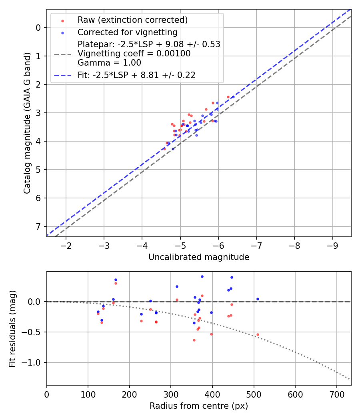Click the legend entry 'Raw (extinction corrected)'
pos(132,20)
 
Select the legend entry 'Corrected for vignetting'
pos(127,32)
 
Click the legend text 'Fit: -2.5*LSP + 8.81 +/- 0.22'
pos(136,75)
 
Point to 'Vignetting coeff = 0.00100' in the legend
pos(134,53)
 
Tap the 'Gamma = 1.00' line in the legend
pos(109,62)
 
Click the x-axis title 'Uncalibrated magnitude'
pos(199,257)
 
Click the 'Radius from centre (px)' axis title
pos(199,406)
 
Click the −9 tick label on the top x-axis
pos(332,244)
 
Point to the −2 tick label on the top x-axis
pos(66,244)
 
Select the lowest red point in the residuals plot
pos(194,340)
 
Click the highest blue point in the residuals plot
pos(202,276)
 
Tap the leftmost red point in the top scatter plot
pos(164,149)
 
